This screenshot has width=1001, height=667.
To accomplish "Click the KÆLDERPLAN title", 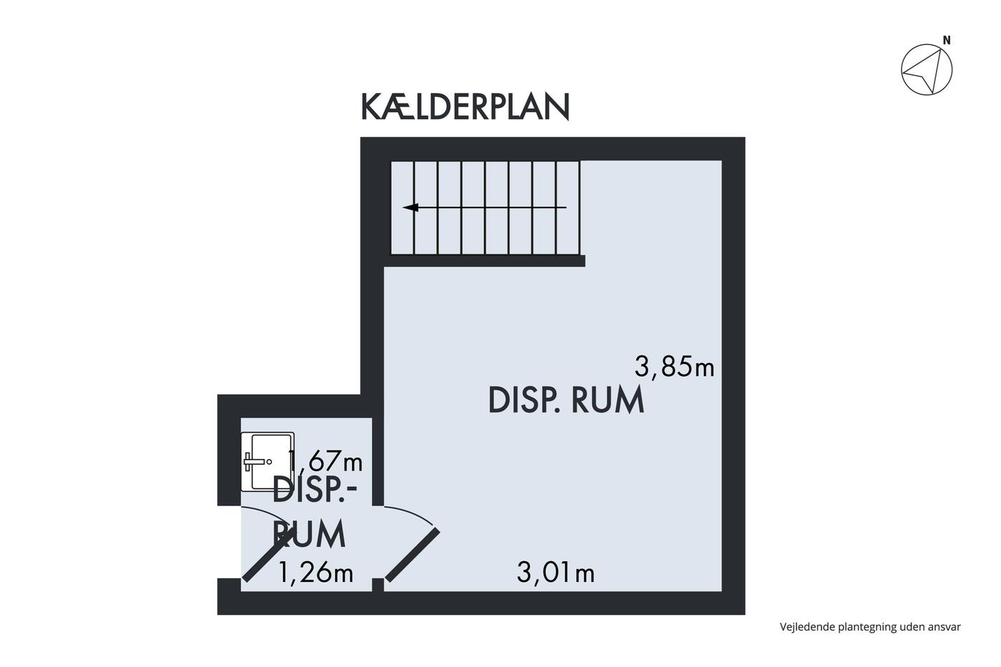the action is (x=465, y=107).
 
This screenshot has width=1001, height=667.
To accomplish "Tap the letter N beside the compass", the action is (x=947, y=40).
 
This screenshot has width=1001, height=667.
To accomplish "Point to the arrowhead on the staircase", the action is (x=410, y=208).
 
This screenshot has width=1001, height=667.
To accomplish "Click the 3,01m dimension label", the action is (x=556, y=573).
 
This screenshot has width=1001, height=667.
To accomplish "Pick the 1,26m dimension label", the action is (x=315, y=573).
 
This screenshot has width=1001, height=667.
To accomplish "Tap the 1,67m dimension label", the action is (x=326, y=460).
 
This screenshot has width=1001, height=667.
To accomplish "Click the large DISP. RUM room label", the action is (x=566, y=400).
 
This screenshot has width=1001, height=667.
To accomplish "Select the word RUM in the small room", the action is (x=309, y=533).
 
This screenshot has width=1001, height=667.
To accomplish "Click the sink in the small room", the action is (x=267, y=462).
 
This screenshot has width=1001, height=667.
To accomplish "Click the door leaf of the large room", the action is (x=413, y=555).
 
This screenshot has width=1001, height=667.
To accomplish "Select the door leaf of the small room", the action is (x=269, y=555).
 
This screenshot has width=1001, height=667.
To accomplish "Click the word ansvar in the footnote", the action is (x=945, y=628).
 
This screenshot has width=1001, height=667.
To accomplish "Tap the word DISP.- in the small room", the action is (x=315, y=490).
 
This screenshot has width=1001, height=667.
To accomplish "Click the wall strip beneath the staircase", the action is (x=485, y=261).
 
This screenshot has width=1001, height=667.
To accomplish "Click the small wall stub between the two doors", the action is (x=378, y=585).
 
